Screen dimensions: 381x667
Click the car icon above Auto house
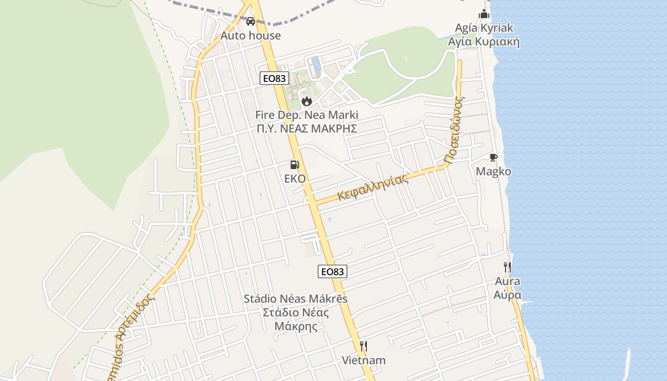(x=250, y=21)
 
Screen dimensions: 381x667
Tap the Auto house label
(x=251, y=36)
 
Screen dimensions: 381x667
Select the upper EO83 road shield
(x=274, y=78)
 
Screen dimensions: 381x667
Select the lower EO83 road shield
(x=332, y=271)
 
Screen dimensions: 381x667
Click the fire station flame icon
(x=306, y=101)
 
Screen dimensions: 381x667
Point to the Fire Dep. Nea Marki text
(x=306, y=115)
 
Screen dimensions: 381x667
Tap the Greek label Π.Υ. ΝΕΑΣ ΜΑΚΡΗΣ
(x=306, y=129)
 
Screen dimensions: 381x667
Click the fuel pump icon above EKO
(x=295, y=165)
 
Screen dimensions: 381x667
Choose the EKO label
(x=295, y=179)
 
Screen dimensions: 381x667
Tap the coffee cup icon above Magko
(x=494, y=158)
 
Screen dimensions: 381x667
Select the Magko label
(x=494, y=171)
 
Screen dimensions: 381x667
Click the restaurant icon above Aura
(x=507, y=267)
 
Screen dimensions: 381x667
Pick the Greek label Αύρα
(x=507, y=295)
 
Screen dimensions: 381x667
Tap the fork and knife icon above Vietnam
(x=364, y=346)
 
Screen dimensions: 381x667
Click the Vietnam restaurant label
(x=364, y=360)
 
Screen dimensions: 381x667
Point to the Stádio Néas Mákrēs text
(x=295, y=299)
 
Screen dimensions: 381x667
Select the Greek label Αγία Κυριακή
(x=484, y=42)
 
